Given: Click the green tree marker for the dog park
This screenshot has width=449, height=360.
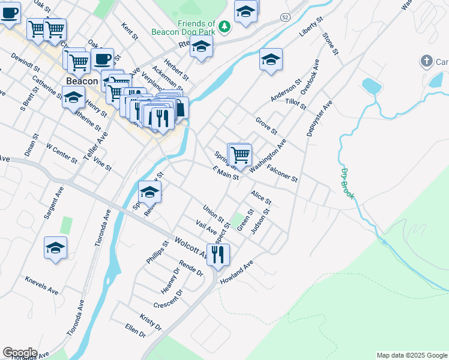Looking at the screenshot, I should click(x=224, y=26).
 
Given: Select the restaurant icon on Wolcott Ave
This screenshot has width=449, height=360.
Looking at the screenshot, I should click(x=218, y=254).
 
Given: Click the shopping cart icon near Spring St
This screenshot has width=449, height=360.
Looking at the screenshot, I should click(x=240, y=154).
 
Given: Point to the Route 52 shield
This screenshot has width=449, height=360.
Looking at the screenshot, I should click(x=285, y=18).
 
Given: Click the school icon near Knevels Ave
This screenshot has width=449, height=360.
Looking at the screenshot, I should click(x=55, y=248).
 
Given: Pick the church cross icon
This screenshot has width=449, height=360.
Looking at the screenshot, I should click(x=426, y=61).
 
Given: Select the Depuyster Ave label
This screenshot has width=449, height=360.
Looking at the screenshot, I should click(x=319, y=118).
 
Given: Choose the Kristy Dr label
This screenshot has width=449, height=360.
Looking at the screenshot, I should click(x=151, y=322).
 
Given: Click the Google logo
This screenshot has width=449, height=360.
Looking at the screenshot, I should click(x=20, y=353).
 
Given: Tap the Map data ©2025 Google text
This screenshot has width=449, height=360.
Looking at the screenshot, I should click(x=411, y=355).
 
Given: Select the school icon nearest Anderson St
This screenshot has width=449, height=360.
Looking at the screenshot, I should click(x=271, y=59).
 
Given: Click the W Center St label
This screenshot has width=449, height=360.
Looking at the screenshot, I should click(x=62, y=153).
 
